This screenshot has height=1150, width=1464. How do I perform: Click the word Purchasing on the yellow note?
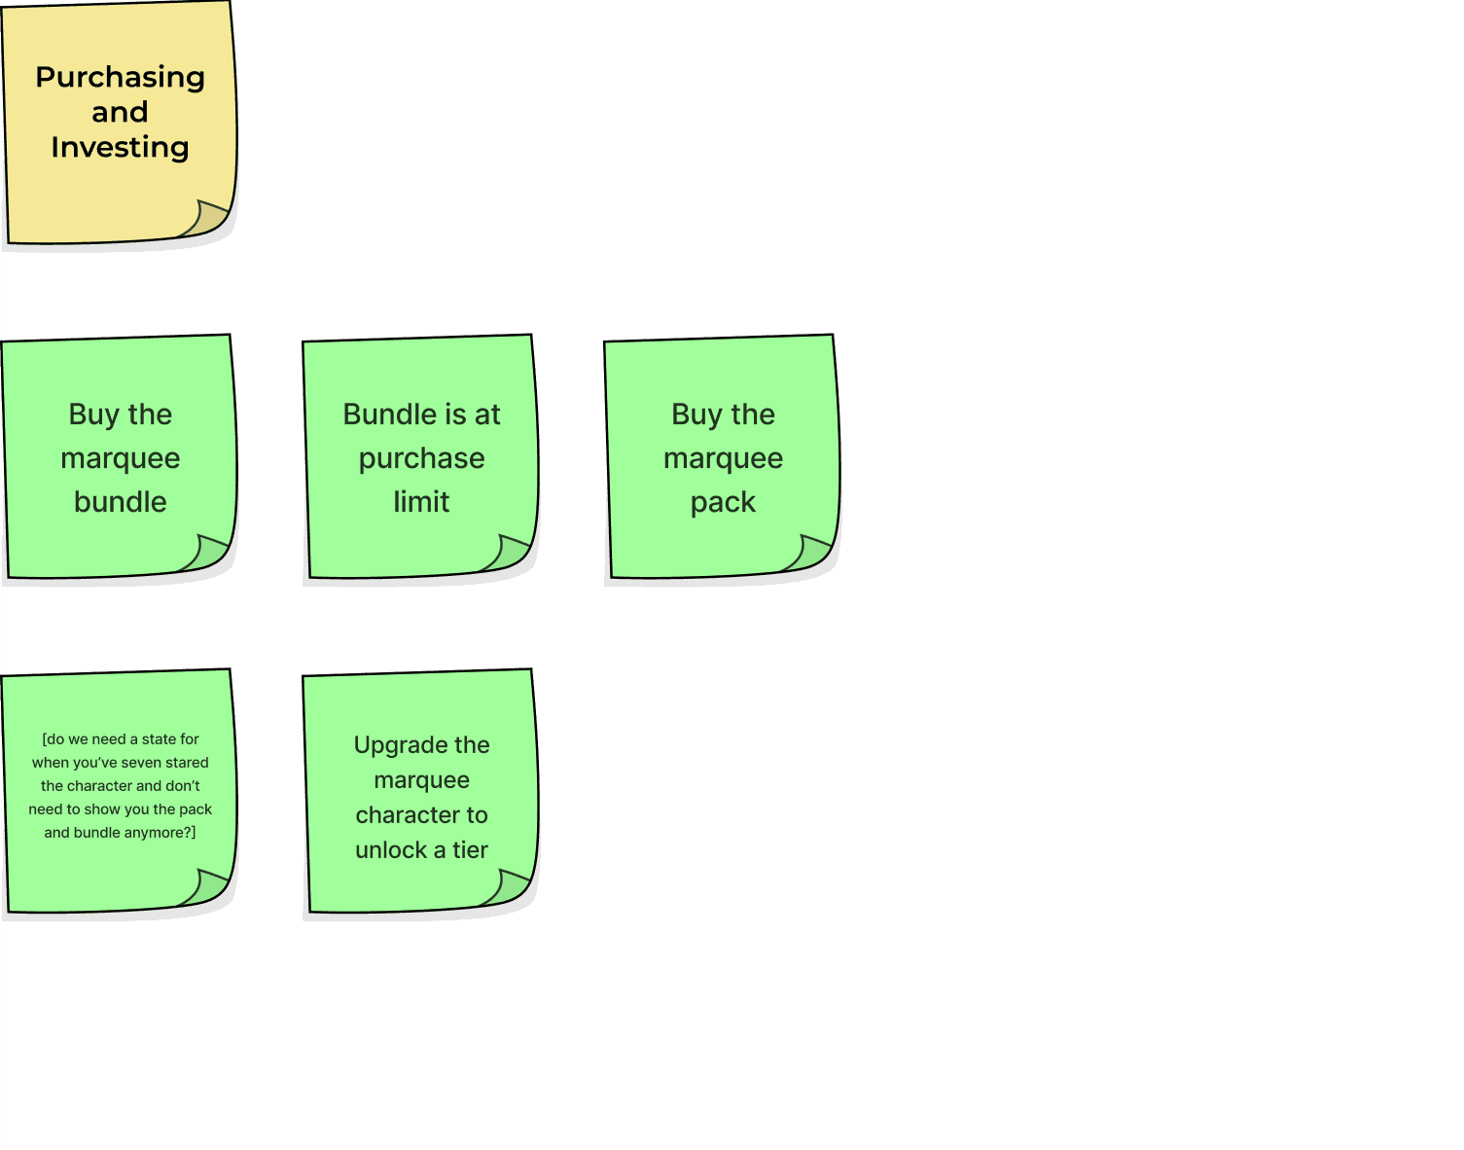pyautogui.click(x=120, y=78)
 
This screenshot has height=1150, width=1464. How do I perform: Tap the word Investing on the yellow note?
pyautogui.click(x=120, y=148)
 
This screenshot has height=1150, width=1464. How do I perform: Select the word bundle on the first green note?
pyautogui.click(x=120, y=502)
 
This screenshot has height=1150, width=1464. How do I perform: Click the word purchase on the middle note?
pyautogui.click(x=421, y=458)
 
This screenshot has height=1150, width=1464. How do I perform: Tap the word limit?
pyautogui.click(x=421, y=502)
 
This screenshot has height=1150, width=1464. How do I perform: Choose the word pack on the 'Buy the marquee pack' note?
pyautogui.click(x=723, y=503)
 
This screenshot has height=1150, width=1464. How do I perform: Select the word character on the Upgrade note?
pyautogui.click(x=408, y=815)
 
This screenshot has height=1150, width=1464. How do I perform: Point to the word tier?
pyautogui.click(x=470, y=850)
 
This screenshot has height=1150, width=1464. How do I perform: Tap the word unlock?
pyautogui.click(x=391, y=850)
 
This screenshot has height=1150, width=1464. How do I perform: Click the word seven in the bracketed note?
pyautogui.click(x=142, y=763)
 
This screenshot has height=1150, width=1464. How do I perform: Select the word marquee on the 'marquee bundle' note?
pyautogui.click(x=120, y=459)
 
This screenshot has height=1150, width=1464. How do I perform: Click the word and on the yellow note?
pyautogui.click(x=120, y=113)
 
